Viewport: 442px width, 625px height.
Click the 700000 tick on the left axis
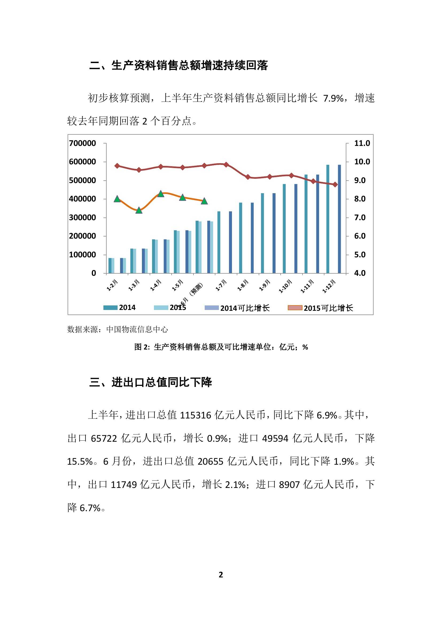click(82, 143)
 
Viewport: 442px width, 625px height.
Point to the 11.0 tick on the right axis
click(362, 143)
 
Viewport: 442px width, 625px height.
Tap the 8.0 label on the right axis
click(360, 199)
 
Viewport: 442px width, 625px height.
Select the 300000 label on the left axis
click(82, 218)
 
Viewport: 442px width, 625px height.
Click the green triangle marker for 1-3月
click(139, 210)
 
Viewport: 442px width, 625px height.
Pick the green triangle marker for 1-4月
click(161, 194)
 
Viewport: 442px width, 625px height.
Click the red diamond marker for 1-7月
click(226, 164)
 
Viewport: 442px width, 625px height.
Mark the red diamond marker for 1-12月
click(335, 185)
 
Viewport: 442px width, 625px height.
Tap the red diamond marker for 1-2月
click(117, 166)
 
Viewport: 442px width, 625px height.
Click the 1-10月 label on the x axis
click(285, 286)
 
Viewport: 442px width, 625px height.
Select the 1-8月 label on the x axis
click(243, 285)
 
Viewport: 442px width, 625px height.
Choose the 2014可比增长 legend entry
click(245, 308)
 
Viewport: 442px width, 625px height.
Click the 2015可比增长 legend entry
click(328, 308)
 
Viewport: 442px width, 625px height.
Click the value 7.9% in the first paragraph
click(334, 98)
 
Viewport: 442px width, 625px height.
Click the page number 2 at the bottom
click(221, 575)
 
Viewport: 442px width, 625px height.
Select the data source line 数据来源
click(118, 329)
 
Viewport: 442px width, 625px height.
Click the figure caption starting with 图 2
click(221, 347)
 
